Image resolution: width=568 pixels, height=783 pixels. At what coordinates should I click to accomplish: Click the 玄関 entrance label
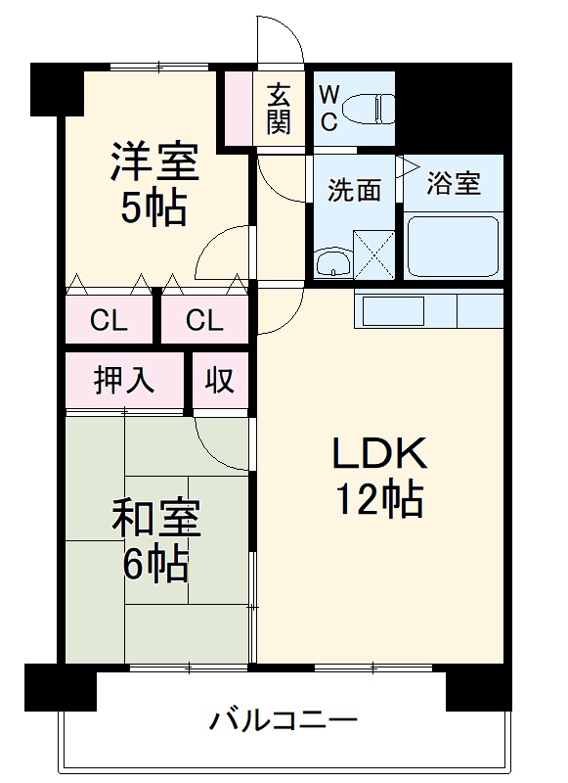(x=278, y=109)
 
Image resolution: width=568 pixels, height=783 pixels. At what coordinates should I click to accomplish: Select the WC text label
(x=329, y=108)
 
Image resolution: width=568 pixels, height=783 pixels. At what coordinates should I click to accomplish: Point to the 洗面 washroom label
(x=354, y=190)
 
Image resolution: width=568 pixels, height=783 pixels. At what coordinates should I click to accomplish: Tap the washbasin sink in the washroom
(x=333, y=261)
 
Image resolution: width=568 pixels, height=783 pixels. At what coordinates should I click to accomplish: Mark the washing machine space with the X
(x=371, y=253)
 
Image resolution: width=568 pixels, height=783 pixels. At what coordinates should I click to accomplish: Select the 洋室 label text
(x=154, y=161)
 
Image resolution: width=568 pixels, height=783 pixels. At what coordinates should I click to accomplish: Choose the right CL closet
(x=203, y=320)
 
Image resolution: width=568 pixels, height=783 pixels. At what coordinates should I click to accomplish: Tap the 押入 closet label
(x=124, y=380)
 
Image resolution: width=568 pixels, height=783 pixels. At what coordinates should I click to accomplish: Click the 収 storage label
(x=220, y=380)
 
